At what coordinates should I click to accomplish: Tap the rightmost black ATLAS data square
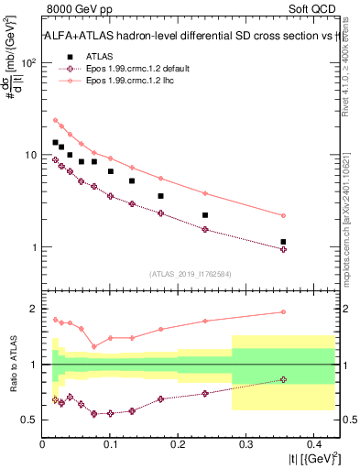(283, 242)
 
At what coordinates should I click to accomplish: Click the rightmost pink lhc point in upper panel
(283, 215)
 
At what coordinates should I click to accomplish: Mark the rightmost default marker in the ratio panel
(283, 379)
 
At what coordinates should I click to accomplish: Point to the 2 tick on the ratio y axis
(34, 309)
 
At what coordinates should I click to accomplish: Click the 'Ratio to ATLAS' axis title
(12, 364)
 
